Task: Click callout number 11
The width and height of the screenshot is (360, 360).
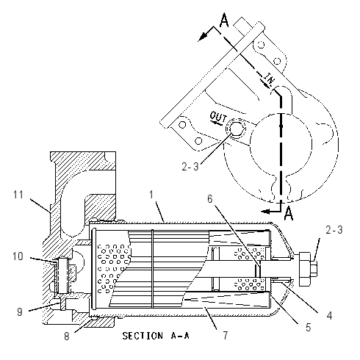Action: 18,195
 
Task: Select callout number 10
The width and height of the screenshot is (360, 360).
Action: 18,256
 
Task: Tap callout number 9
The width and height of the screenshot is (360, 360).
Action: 20,312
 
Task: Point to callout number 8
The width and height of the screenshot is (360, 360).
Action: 67,336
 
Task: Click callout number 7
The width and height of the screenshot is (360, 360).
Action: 226,335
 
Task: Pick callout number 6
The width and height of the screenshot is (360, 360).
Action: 210,199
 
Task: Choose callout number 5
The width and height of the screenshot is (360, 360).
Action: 308,328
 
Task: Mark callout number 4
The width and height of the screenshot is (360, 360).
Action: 329,315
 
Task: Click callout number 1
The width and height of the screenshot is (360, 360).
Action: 151,195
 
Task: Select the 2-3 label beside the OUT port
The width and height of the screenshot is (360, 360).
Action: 190,167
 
